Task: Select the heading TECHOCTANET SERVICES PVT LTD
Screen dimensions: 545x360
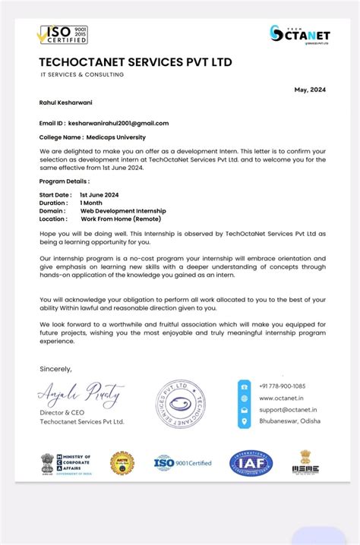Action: [x=136, y=62]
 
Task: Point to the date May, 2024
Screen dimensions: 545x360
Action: [x=310, y=90]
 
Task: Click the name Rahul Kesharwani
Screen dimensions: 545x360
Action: [x=65, y=102]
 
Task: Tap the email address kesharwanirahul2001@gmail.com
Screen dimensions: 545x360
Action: [x=118, y=123]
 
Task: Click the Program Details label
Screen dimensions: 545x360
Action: [x=65, y=181]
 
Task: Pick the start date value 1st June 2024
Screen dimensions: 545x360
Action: [x=99, y=195]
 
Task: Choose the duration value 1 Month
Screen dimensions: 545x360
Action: [x=92, y=203]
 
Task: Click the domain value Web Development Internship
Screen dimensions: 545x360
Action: [x=122, y=211]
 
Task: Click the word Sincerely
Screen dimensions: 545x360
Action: [x=55, y=369]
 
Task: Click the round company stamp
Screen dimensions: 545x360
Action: [x=180, y=402]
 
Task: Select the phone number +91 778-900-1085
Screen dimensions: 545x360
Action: [x=282, y=386]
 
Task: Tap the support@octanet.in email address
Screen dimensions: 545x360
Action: [x=288, y=410]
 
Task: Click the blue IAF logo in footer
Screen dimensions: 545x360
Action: [x=251, y=462]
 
